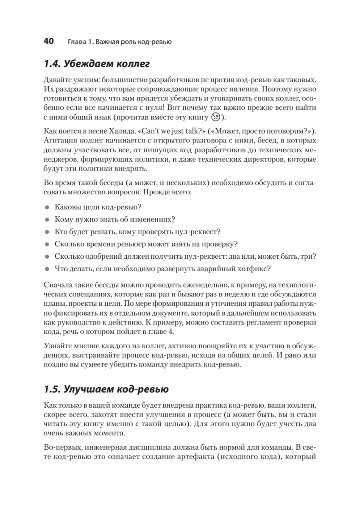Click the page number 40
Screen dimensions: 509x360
point(48,41)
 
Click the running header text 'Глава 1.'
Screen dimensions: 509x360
point(79,42)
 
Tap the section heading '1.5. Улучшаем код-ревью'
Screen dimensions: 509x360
point(106,389)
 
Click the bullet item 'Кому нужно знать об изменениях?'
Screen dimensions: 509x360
point(115,220)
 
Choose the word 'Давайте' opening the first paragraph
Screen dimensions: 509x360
point(57,79)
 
